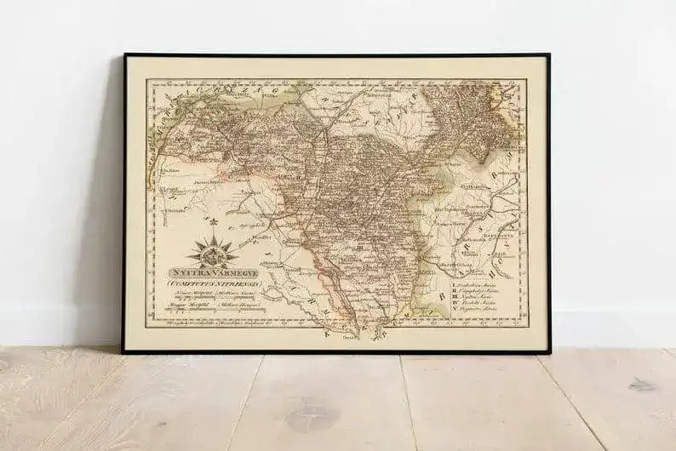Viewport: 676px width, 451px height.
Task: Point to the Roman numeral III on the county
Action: pyautogui.click(x=360, y=247)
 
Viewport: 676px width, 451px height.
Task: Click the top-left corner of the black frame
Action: pyautogui.click(x=124, y=55)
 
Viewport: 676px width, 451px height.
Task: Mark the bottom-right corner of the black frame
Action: pyautogui.click(x=549, y=351)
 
